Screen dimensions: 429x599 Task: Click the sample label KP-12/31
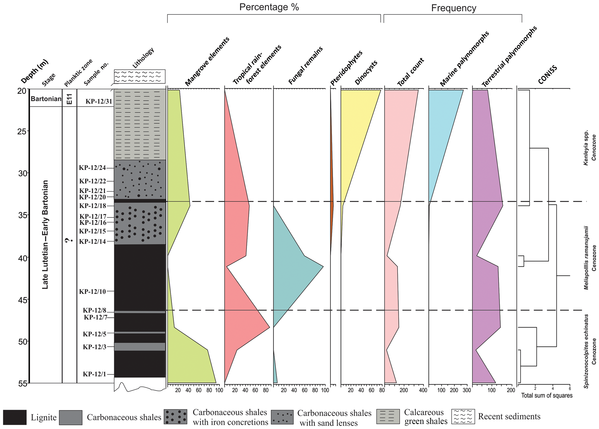[x=99, y=101]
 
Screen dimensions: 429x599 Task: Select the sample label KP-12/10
[x=92, y=291]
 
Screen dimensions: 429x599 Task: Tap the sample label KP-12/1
[x=94, y=374]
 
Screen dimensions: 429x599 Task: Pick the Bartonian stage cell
[x=46, y=99]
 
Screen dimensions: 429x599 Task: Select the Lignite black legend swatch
[x=15, y=417]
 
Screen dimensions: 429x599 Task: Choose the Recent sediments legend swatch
[x=463, y=417]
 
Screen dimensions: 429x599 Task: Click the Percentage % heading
[x=269, y=7]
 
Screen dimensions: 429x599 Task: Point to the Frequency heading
[x=454, y=8]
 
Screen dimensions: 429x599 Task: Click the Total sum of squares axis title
[x=547, y=395]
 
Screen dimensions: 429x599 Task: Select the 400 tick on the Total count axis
[x=423, y=390]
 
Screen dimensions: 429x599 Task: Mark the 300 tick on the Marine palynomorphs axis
[x=467, y=390]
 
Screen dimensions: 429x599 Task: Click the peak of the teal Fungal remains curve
[x=323, y=266]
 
